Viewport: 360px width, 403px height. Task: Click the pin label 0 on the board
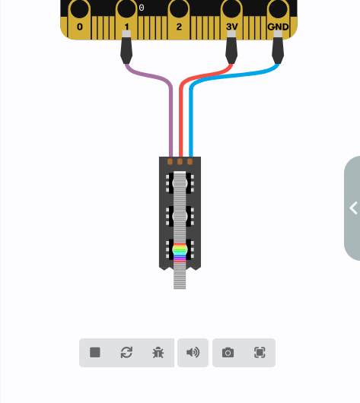[80, 27]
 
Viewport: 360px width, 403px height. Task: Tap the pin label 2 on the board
[179, 27]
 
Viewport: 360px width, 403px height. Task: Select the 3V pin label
[232, 27]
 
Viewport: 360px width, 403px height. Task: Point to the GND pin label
[278, 27]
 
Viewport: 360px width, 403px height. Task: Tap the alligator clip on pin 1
[126, 47]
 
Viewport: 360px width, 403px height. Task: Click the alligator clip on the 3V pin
[231, 47]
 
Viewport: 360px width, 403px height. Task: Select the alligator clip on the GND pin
[278, 47]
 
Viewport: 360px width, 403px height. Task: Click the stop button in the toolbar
[95, 352]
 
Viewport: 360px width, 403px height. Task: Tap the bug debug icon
[158, 352]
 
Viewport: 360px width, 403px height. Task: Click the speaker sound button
[193, 352]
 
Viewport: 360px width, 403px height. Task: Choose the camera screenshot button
[228, 352]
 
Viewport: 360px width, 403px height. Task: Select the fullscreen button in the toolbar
[260, 352]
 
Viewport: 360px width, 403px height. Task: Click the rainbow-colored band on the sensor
[180, 253]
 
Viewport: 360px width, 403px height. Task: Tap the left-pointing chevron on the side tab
[354, 208]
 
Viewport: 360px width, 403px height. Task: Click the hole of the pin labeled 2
[179, 8]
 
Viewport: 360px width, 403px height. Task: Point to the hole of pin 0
[79, 8]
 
